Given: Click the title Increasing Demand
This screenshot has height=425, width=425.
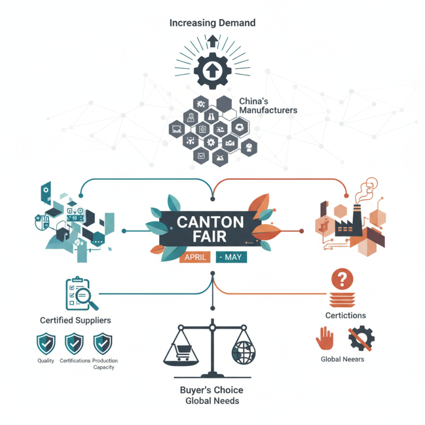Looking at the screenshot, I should pos(212,23).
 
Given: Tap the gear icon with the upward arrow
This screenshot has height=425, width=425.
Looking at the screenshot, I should pos(212,70).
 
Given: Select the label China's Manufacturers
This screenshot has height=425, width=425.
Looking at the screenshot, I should pos(268,105).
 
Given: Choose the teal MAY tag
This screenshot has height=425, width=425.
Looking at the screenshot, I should pos(232,258).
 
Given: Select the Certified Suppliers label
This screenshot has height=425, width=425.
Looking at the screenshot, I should pos(75,320).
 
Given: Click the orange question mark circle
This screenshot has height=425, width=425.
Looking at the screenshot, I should pos(342,278).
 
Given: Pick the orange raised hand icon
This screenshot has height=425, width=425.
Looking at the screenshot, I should pos(325,337).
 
